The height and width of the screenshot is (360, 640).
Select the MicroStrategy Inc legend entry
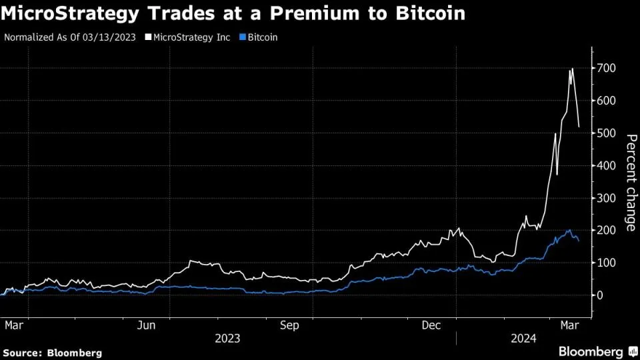point(191,37)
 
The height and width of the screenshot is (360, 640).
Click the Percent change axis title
point(630,182)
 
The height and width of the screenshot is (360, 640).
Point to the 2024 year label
point(523,338)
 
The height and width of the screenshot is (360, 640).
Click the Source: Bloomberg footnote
point(53,352)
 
